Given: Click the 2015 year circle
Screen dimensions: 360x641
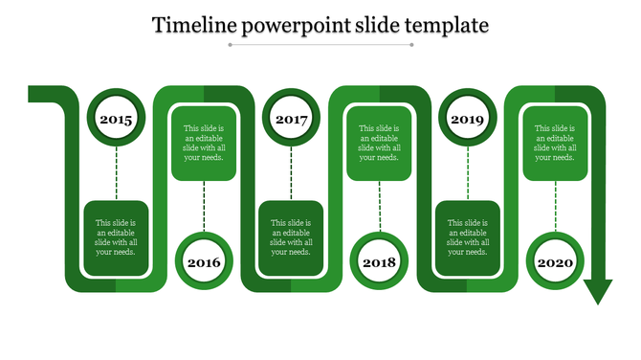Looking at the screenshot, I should coord(116,120).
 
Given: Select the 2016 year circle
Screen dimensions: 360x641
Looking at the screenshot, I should coord(204,261).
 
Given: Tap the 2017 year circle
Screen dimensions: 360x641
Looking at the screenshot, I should coord(291,120).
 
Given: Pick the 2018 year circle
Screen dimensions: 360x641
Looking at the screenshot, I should coord(379,261).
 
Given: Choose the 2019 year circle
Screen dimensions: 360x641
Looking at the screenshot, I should coord(467,120).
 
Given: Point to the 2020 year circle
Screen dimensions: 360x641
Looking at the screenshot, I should coord(555,261).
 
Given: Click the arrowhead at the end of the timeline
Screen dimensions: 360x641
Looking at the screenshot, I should coord(598,291).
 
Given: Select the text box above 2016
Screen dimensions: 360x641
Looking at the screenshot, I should coord(204,143).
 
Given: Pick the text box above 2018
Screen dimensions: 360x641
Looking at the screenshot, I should coord(379,143).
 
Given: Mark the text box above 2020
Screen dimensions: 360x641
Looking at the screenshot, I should coord(555,143).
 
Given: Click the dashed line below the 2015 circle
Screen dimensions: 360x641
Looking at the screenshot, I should coord(116,173).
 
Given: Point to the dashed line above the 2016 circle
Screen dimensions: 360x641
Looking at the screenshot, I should coord(204,206).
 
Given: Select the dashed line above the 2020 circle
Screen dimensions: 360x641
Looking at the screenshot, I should coord(555,206).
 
